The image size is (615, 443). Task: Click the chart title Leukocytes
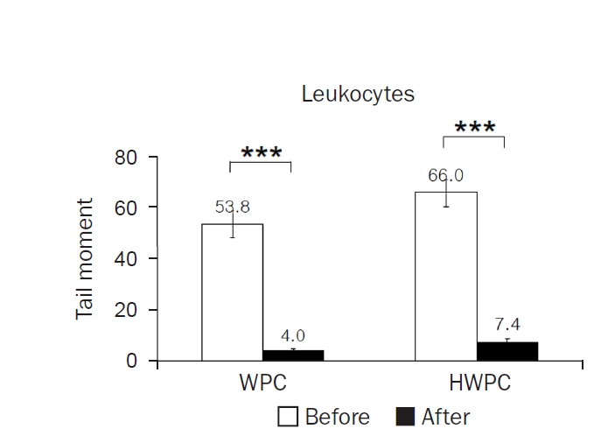click(358, 94)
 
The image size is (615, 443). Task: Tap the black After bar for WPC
click(293, 355)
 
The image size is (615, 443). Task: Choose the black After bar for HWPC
click(507, 351)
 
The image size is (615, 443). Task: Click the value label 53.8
click(233, 207)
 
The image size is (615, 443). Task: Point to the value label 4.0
click(292, 335)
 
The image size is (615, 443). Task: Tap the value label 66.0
click(445, 176)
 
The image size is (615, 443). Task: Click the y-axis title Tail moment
click(85, 259)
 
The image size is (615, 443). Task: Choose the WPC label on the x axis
click(262, 385)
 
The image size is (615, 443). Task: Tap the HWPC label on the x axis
click(475, 385)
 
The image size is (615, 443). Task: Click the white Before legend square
click(288, 417)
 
